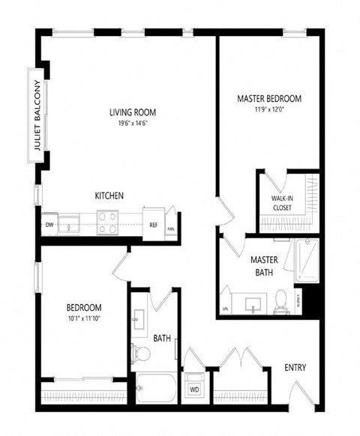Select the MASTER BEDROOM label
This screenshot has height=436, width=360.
coord(268,99)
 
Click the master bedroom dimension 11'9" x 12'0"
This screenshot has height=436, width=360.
coord(268,109)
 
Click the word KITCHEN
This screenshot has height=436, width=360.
coord(109,196)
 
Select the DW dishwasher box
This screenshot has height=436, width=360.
coord(49,223)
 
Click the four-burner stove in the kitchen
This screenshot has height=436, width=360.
coord(107,222)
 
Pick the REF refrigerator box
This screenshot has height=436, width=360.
coord(153,224)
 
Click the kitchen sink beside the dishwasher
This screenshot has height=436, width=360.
coord(71,222)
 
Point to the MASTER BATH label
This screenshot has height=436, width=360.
coord(264,265)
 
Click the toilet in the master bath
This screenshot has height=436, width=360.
coord(283,300)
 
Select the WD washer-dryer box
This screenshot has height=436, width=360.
coord(193,390)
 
